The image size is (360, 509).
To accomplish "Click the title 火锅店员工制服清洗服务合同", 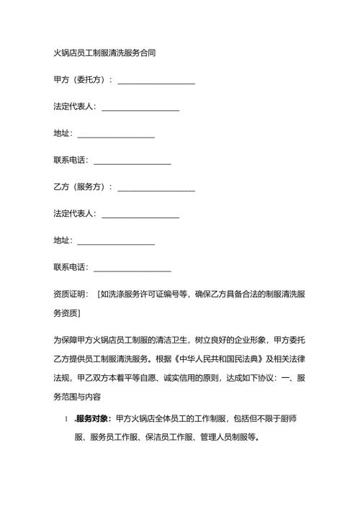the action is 104,53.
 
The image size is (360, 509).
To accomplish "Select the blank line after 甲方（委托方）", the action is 156,81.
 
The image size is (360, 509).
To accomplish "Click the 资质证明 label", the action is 70,293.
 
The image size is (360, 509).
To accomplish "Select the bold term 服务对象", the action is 93,420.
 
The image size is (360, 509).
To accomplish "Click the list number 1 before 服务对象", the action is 66,420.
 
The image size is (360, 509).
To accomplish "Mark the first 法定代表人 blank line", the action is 140,108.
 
